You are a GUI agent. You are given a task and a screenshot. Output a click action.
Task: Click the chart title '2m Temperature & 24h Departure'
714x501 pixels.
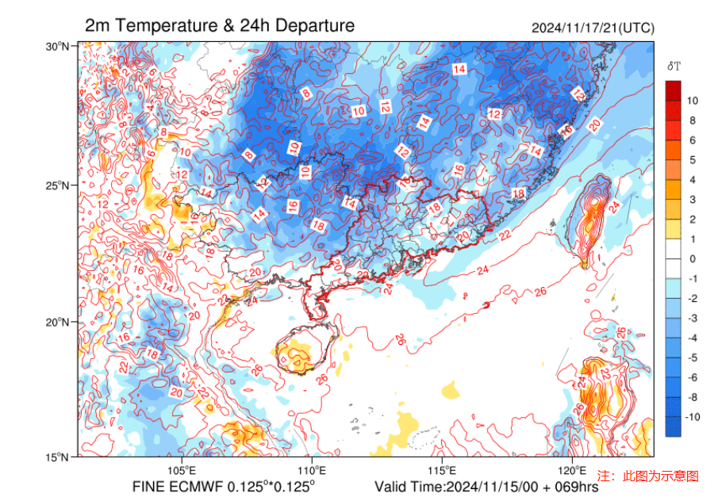click(x=219, y=26)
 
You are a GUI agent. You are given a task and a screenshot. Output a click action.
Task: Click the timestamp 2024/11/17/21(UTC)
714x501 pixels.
click(x=593, y=28)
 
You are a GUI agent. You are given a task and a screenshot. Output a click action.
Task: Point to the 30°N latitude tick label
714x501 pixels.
click(x=57, y=47)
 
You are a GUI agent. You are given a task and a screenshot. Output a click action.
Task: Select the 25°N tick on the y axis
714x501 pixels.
click(x=57, y=185)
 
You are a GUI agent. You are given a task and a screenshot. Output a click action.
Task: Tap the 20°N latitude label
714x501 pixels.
click(x=57, y=322)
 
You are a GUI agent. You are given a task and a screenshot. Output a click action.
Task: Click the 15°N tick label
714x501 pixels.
click(x=57, y=457)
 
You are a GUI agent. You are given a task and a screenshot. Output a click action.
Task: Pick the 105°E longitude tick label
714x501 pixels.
click(x=182, y=469)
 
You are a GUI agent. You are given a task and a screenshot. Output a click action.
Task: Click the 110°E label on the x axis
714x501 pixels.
click(x=312, y=469)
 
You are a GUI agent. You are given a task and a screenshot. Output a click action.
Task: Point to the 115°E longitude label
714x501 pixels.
click(x=442, y=469)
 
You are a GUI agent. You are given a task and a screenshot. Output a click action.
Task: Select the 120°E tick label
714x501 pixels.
click(x=572, y=469)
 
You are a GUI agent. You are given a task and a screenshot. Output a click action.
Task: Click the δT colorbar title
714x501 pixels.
click(x=674, y=66)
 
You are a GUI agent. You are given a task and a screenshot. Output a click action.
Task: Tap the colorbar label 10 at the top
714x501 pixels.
click(x=692, y=101)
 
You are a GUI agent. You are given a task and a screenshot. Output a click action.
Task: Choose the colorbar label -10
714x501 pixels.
click(x=692, y=417)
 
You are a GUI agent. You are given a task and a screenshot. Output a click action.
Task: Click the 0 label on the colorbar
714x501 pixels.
click(x=692, y=258)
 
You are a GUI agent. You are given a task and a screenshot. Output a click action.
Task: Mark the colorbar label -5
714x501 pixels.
click(x=692, y=358)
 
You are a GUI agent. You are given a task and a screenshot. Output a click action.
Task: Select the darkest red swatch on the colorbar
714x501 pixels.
click(x=673, y=90)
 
